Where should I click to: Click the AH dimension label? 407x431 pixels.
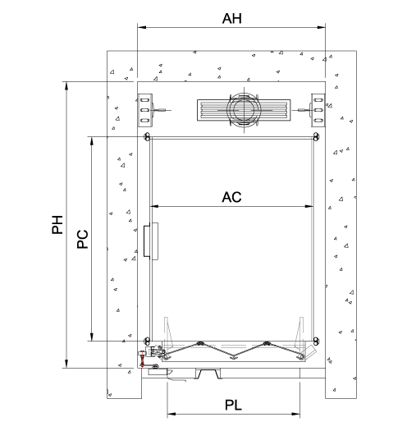point(232,19)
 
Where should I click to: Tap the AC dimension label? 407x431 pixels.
point(231,197)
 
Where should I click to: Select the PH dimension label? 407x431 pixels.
point(57,225)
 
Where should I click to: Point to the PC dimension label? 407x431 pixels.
point(82,239)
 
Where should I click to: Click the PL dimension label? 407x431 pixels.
point(233,406)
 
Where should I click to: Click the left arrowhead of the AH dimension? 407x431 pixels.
point(141,27)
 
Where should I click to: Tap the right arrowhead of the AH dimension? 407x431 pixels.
point(322,27)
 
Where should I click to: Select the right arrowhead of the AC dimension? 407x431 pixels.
point(309,206)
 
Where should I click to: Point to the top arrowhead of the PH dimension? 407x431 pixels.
point(66,86)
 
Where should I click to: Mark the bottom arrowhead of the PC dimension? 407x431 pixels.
point(92,337)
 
